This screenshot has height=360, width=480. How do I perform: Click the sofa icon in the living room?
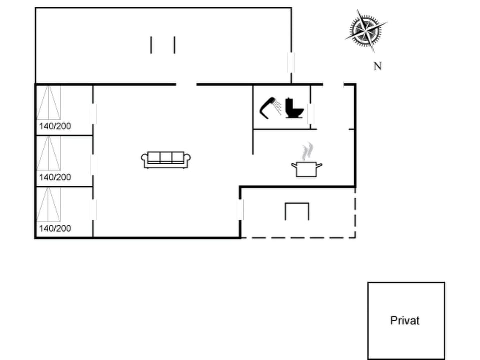tap(166, 159)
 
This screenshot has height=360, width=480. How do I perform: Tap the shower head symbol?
tap(270, 107)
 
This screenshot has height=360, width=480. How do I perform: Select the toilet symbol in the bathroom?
tap(294, 108)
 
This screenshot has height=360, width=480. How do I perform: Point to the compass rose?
tap(366, 30)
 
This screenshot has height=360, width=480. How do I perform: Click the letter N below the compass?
tap(378, 66)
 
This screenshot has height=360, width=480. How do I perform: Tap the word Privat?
tap(405, 321)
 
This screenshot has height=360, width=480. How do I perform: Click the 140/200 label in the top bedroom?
tap(55, 126)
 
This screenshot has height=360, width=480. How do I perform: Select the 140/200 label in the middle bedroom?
tap(55, 177)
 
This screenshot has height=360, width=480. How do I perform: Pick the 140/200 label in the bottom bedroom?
tap(55, 228)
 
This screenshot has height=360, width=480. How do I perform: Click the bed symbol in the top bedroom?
tap(49, 102)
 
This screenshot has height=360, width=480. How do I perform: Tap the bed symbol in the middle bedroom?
tap(49, 153)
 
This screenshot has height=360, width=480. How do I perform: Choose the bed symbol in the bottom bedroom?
tap(49, 204)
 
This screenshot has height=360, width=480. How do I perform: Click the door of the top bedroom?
tap(93, 114)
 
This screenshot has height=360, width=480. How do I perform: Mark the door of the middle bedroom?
tap(93, 165)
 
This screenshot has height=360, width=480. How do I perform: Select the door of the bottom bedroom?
tap(93, 210)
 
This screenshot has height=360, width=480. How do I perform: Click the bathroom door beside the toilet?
tap(311, 114)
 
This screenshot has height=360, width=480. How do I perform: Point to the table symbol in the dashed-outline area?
tap(297, 211)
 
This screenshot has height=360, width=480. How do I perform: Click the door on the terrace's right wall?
tap(291, 62)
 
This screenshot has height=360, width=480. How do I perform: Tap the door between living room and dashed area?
tap(240, 210)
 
